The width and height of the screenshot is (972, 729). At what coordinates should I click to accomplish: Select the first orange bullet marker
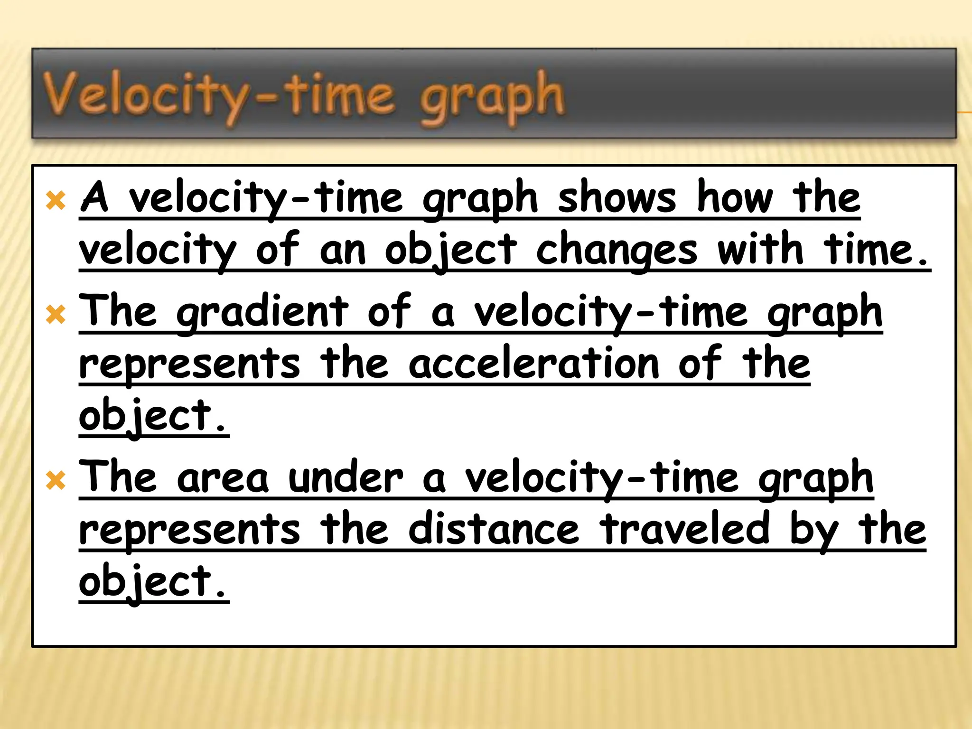pos(56,201)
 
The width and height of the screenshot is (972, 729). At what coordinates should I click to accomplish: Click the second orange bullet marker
pos(56,315)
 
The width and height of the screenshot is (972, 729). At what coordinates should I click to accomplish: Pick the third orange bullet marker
pos(56,481)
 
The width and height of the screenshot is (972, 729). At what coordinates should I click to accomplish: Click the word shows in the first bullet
pos(617,198)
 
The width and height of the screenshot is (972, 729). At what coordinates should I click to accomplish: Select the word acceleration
pos(534,364)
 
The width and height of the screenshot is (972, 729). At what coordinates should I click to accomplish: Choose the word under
pos(346,478)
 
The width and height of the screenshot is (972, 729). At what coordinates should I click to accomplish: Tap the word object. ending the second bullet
pos(153,417)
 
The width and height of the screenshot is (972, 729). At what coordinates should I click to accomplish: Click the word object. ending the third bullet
pos(153,583)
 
